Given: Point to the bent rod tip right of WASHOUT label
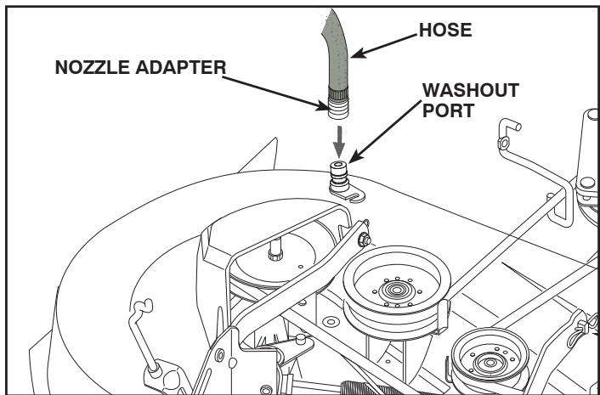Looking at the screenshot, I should pos(509,129).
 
